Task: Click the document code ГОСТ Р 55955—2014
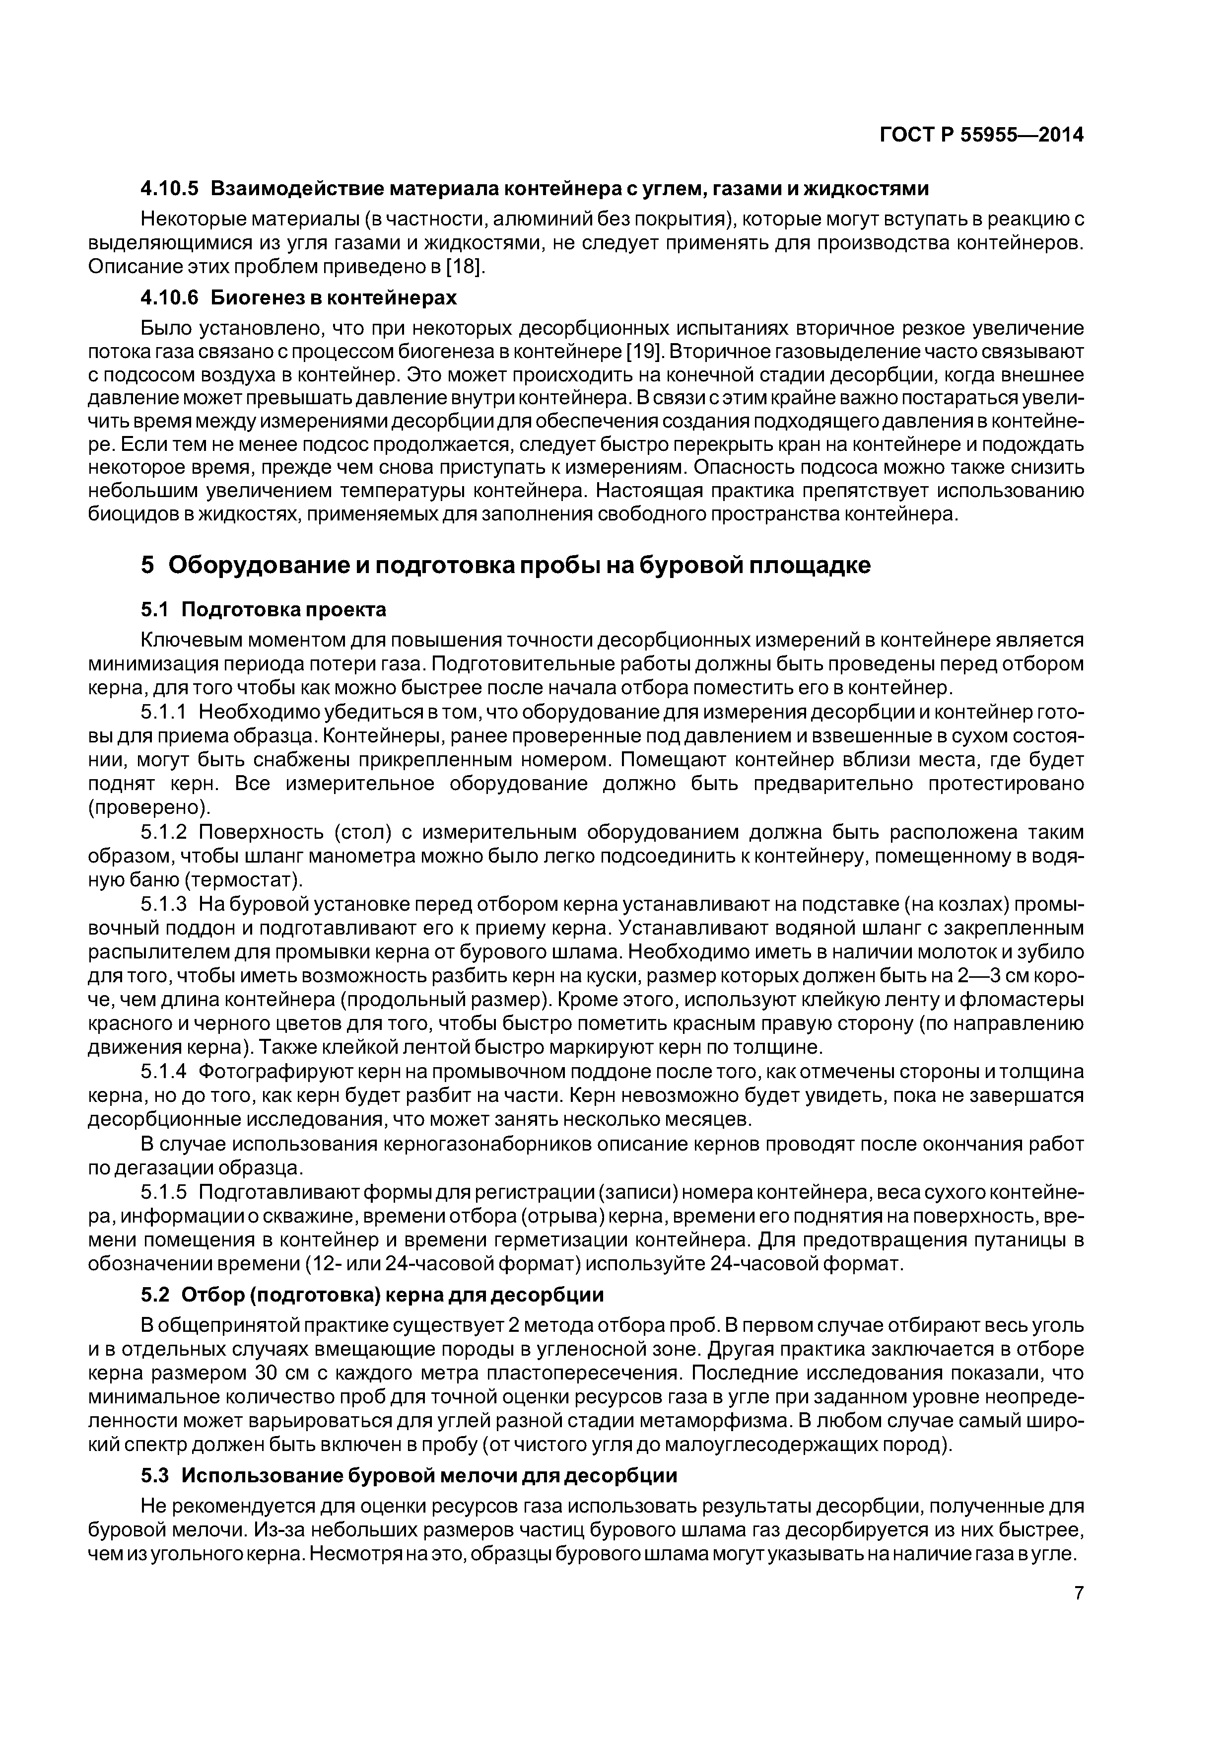[981, 135]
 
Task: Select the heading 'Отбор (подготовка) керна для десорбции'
[393, 1295]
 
